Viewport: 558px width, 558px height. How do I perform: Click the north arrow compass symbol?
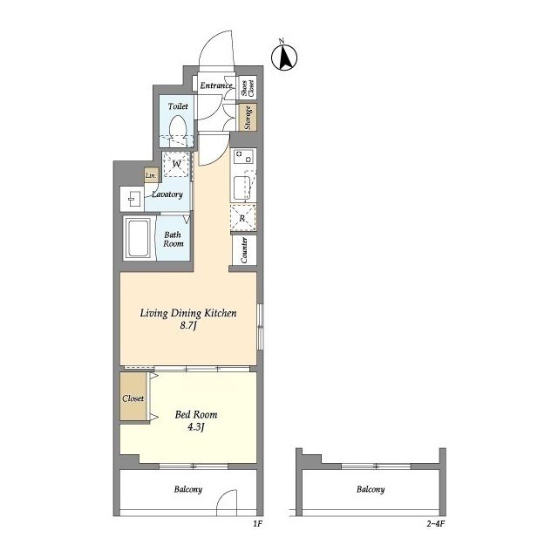[284, 57]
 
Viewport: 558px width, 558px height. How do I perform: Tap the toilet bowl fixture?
[178, 130]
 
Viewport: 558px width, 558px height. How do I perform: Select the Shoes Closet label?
[248, 87]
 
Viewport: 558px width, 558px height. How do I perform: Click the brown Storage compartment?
[248, 117]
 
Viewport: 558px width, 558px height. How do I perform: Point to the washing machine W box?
[176, 165]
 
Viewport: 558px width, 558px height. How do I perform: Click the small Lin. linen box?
[151, 175]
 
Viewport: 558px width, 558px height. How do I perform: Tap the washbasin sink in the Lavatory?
[132, 199]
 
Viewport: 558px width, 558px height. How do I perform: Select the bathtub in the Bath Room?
[139, 238]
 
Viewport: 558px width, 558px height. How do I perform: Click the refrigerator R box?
[243, 218]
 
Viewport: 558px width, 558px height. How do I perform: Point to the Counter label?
[244, 250]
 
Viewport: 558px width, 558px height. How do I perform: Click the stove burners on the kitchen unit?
[243, 156]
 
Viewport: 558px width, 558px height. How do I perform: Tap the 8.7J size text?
[188, 325]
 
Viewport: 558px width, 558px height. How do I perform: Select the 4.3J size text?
[195, 426]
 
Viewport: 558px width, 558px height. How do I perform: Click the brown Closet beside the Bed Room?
[133, 396]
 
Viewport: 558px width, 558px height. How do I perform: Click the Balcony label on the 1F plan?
[188, 489]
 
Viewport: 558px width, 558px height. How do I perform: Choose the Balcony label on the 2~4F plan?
[371, 489]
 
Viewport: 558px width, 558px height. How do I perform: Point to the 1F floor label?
[257, 523]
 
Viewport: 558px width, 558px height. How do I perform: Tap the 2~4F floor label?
[436, 523]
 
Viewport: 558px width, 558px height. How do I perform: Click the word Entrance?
[216, 85]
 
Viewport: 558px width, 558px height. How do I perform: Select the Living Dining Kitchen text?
[188, 313]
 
